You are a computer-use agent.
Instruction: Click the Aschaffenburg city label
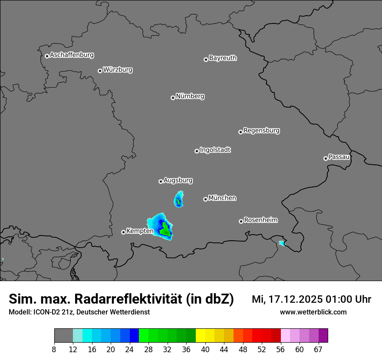(72, 55)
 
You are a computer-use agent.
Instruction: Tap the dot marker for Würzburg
(100, 71)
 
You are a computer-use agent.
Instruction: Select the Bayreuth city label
(223, 58)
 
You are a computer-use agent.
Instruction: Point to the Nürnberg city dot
(173, 98)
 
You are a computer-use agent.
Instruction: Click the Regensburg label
(261, 130)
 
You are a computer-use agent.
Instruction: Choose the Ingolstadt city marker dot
(197, 151)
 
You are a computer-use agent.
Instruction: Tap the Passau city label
(339, 157)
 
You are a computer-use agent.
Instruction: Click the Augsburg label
(178, 180)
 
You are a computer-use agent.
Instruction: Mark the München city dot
(205, 200)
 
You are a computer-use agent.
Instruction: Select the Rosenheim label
(260, 220)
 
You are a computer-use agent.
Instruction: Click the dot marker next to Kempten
(123, 232)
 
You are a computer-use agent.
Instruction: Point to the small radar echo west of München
(178, 200)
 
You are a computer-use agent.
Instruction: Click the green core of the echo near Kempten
(165, 230)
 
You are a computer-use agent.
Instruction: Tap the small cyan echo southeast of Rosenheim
(282, 243)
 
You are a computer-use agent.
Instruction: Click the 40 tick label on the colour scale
(205, 350)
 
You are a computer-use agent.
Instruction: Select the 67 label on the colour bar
(318, 350)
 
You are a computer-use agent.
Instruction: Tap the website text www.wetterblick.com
(313, 312)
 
